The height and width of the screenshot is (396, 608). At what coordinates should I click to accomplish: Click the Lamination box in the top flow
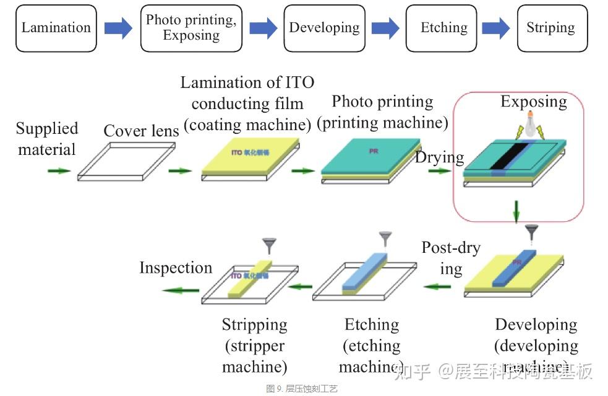pyautogui.click(x=56, y=29)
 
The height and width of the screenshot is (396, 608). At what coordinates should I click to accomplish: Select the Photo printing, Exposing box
pyautogui.click(x=191, y=29)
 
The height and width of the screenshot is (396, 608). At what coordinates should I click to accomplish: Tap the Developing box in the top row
pyautogui.click(x=324, y=29)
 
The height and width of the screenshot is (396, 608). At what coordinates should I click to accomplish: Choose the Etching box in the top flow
pyautogui.click(x=443, y=29)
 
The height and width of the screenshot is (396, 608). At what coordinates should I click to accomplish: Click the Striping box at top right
pyautogui.click(x=550, y=29)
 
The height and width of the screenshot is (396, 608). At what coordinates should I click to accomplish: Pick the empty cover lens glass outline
pyautogui.click(x=127, y=161)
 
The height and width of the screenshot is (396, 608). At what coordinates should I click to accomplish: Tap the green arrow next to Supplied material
pyautogui.click(x=59, y=170)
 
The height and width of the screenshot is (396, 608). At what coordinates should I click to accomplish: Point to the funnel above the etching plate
pyautogui.click(x=385, y=238)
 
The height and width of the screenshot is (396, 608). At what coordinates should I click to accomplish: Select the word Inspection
pyautogui.click(x=176, y=268)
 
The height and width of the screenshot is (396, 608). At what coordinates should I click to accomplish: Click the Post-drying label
pyautogui.click(x=451, y=258)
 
